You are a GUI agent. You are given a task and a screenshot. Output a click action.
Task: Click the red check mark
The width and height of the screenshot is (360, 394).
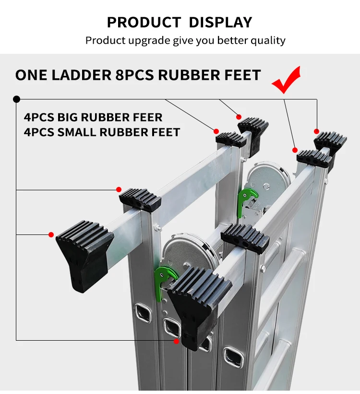coord(287,81)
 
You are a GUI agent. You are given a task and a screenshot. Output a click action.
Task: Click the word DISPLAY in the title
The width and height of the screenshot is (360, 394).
coord(220,22)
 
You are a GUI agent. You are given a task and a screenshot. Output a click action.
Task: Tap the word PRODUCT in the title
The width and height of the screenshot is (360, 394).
coord(144,22)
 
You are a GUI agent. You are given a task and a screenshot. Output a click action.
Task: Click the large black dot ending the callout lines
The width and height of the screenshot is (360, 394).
coord(17,99)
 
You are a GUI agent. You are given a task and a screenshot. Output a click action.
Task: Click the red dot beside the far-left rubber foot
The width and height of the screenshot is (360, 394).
coord(51,234)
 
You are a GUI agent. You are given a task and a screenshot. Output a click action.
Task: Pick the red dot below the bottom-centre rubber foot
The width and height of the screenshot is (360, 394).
coord(176,341)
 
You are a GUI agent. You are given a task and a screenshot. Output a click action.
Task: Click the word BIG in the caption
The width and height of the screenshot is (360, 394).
coord(70,117)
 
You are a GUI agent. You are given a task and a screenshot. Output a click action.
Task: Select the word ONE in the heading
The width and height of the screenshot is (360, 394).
coord(32,75)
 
